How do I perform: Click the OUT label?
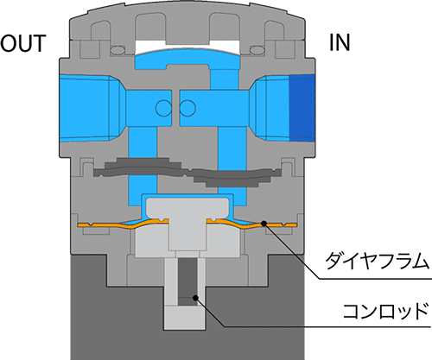pyautogui.click(x=23, y=43)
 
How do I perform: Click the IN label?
pyautogui.click(x=340, y=42)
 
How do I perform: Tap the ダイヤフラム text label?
pyautogui.click(x=377, y=261)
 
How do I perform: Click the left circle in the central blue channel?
pyautogui.click(x=163, y=108)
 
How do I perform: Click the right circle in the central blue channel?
pyautogui.click(x=187, y=108)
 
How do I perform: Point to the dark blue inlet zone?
pyautogui.click(x=302, y=108)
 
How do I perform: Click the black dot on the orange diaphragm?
pyautogui.click(x=264, y=223)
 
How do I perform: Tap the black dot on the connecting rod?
pyautogui.click(x=195, y=297)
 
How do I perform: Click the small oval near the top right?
pyautogui.click(x=257, y=50)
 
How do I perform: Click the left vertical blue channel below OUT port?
pyautogui.click(x=143, y=166)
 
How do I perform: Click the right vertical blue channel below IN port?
pyautogui.click(x=232, y=166)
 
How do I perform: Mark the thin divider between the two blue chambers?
pyautogui.click(x=175, y=108)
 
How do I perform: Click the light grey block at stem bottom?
pyautogui.click(x=185, y=318)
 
